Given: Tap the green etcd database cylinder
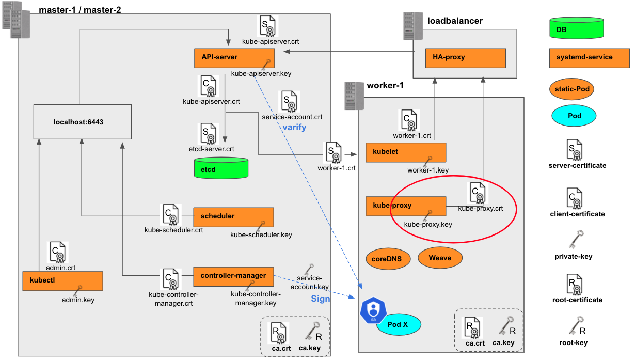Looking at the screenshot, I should (221, 168).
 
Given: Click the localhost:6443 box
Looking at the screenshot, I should (82, 122).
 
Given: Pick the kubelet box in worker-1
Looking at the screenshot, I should (405, 152).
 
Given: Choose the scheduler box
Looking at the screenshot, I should (233, 216).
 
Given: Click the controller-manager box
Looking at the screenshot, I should (233, 276).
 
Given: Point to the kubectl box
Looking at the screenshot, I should (62, 280).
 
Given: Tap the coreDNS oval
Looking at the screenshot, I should (387, 258).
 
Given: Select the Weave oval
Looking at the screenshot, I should (440, 258).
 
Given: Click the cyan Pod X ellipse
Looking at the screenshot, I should (398, 325).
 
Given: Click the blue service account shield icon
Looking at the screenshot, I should (373, 310).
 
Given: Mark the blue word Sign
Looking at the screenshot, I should (321, 299).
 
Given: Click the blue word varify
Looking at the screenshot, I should (294, 127).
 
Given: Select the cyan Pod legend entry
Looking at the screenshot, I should (574, 116).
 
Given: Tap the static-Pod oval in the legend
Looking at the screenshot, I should (571, 89).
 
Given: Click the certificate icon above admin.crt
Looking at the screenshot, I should (57, 252).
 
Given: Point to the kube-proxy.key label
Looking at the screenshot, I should (428, 225).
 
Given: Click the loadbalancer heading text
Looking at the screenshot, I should (455, 21).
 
